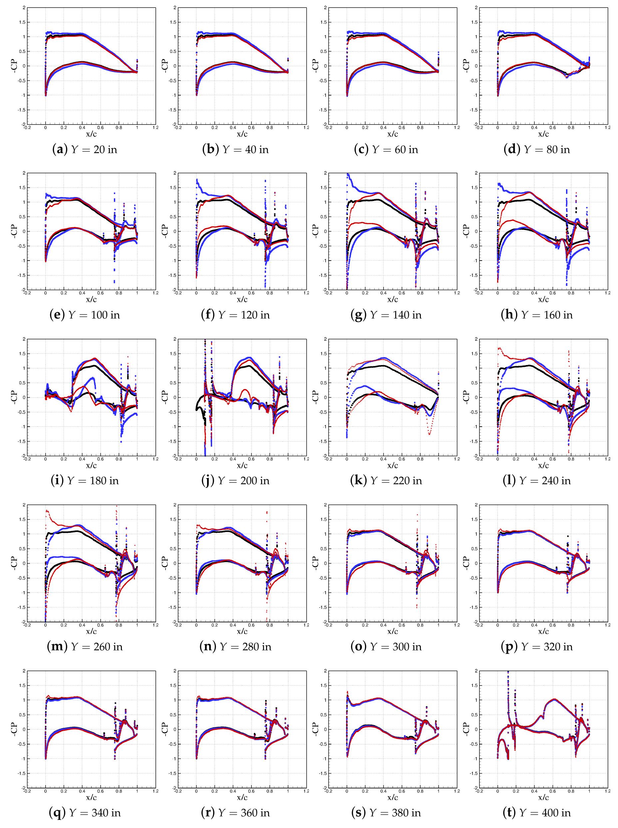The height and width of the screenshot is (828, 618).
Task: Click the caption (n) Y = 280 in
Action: (236, 646)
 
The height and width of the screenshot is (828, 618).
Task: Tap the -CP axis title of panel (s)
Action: (316, 729)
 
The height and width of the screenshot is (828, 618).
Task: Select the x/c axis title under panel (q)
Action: (92, 797)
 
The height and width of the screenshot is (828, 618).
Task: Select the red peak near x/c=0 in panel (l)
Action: (499, 348)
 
